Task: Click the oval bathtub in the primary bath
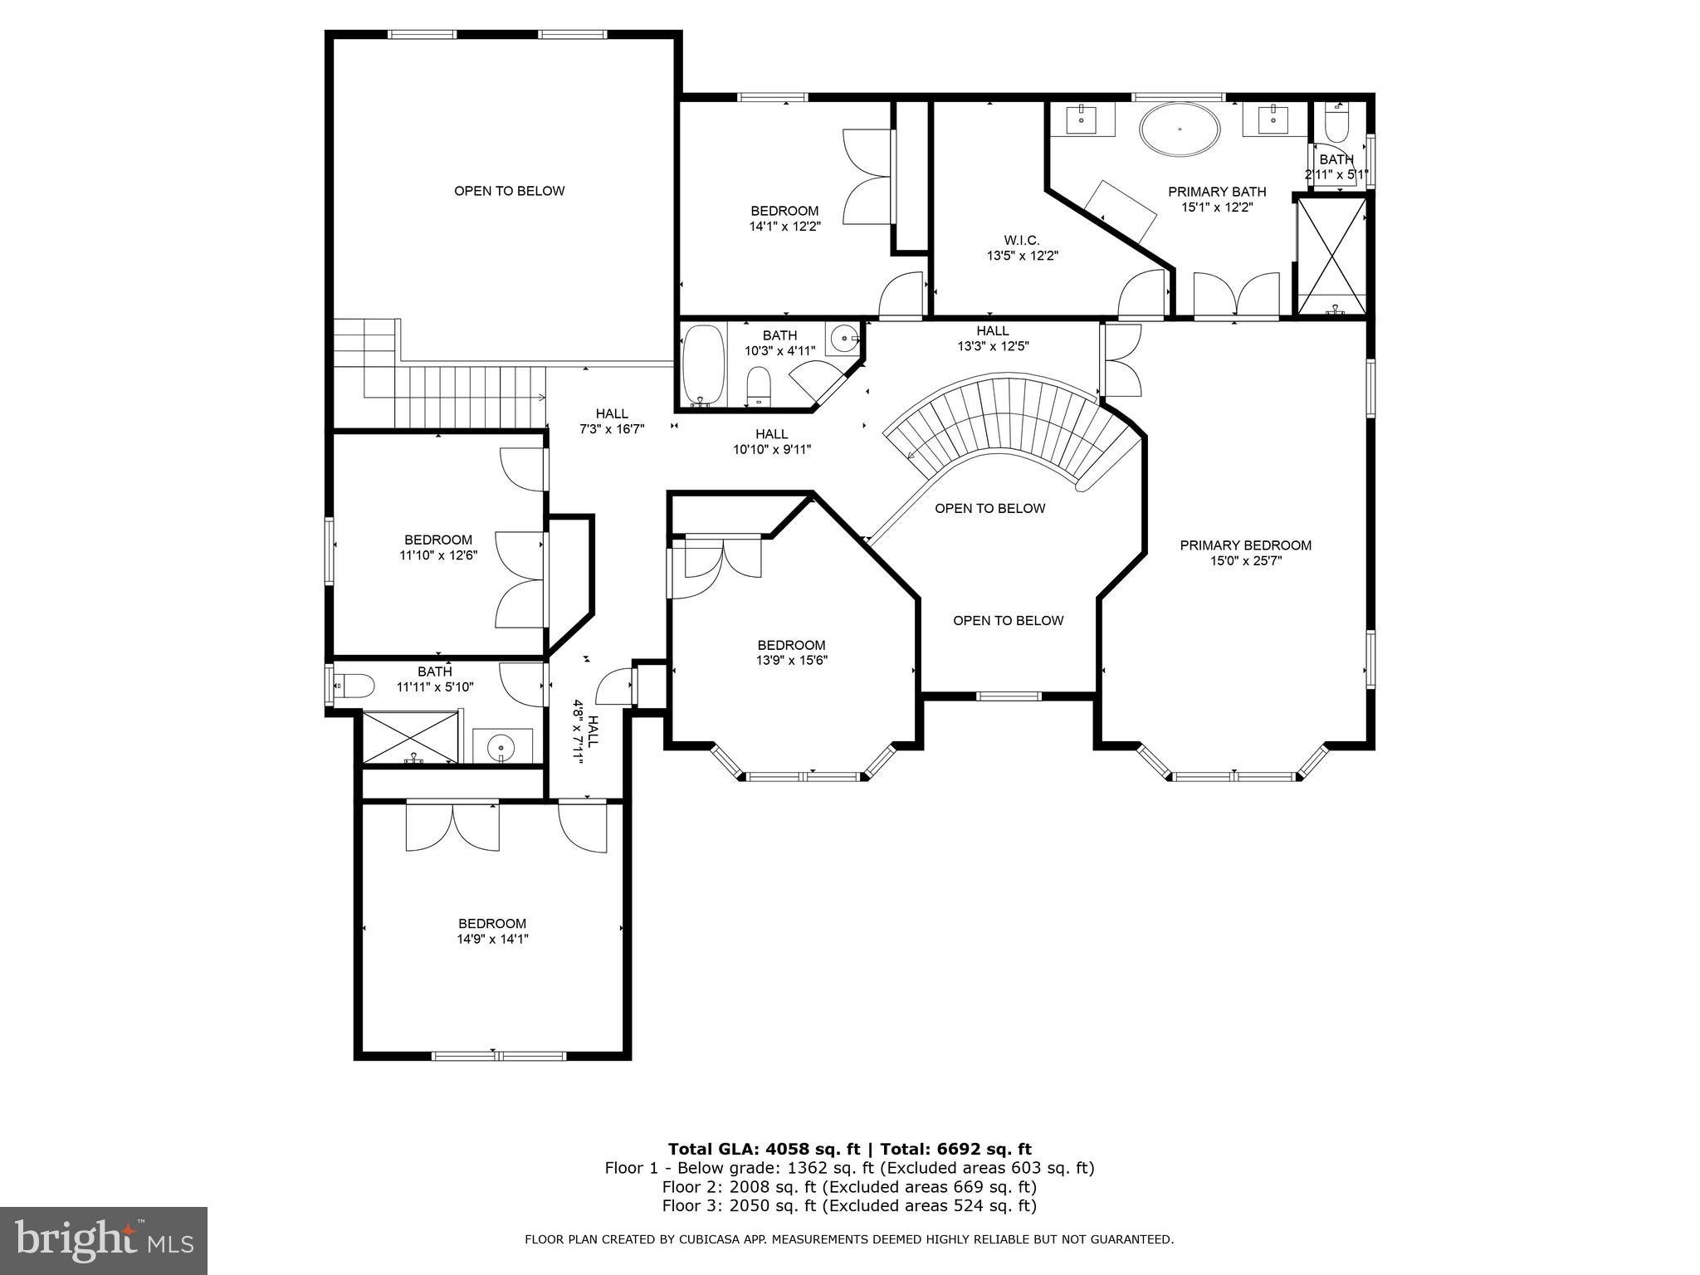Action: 1180,129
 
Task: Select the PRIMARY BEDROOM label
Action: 1245,545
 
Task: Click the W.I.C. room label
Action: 1021,240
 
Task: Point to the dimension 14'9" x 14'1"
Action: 492,940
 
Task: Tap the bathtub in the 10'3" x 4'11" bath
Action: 702,364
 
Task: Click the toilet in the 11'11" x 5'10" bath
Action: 353,686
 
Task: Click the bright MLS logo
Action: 103,1240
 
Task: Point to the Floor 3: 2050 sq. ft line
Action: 849,1205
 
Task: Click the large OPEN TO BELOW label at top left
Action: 509,191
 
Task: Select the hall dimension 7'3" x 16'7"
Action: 612,429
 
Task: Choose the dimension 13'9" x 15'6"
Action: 791,661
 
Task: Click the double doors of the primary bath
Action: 1236,296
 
